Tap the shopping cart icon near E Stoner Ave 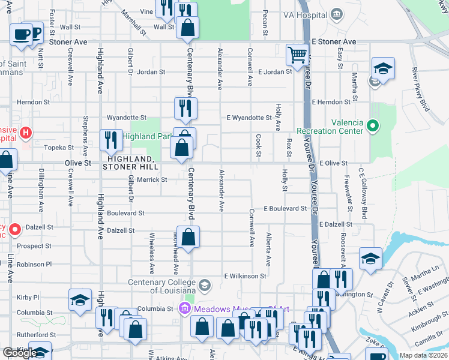[x=297, y=55]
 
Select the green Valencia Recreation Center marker [x=373, y=125]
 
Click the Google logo [x=19, y=352]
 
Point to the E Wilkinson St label [x=245, y=276]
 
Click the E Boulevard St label [x=285, y=209]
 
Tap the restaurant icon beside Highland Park [x=111, y=140]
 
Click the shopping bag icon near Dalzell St [x=188, y=237]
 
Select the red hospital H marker [x=26, y=132]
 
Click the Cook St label [x=259, y=146]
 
